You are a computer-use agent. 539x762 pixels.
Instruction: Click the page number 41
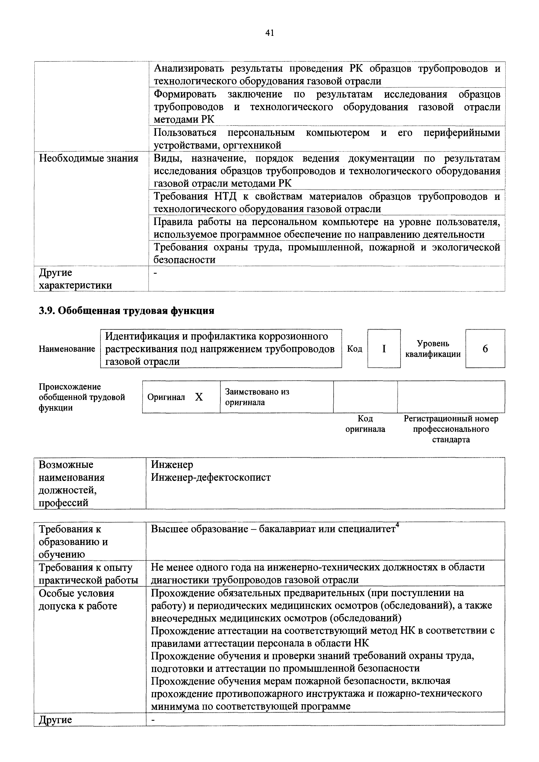click(269, 33)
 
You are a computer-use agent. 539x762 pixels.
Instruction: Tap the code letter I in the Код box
click(384, 348)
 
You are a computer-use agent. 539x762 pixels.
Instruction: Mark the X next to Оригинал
click(199, 397)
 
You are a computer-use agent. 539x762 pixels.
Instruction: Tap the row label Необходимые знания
click(89, 158)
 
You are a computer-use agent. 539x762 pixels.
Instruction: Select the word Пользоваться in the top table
click(185, 133)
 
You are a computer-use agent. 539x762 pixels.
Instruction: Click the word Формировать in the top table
click(185, 94)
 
